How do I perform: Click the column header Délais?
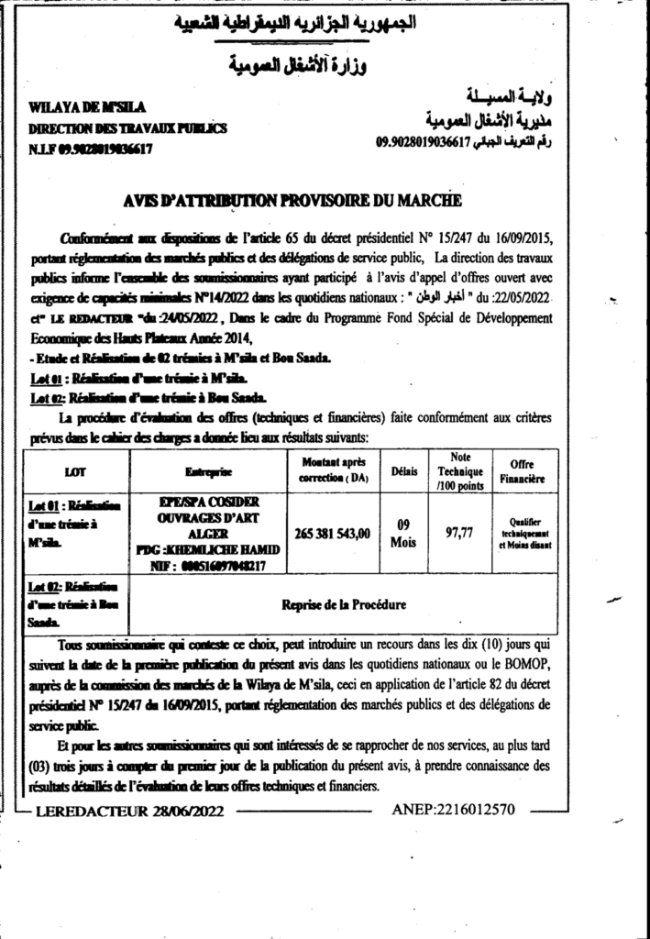coord(403,471)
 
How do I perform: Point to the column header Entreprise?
coord(209,471)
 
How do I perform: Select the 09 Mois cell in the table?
coord(403,533)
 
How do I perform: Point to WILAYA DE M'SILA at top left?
coord(77,110)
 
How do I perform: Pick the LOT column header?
coord(77,471)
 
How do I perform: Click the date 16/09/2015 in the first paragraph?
coord(523,237)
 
